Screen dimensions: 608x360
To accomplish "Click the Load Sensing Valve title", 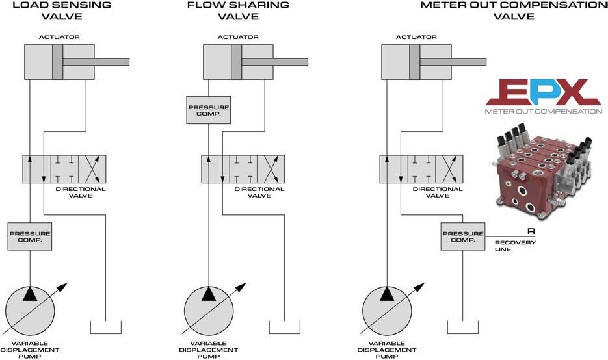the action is point(62,11).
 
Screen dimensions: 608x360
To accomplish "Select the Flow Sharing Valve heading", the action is point(238,11).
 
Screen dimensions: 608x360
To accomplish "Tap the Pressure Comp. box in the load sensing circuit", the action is point(30,237).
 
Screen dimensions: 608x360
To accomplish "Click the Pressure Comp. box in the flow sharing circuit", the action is point(209,110).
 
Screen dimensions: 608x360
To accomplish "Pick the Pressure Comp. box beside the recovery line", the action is point(463,237).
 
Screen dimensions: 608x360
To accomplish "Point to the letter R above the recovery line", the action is point(531,231).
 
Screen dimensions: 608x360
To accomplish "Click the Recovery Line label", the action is point(515,246).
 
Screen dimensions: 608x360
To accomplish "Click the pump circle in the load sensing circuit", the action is point(30,311).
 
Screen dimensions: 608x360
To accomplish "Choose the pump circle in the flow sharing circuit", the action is point(209,311).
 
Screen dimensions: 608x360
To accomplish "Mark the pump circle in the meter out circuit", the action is point(387,311).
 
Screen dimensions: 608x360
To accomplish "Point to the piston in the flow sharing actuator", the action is point(237,62).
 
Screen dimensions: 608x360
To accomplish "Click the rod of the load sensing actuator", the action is point(96,62).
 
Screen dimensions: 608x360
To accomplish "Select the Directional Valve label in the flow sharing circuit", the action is point(259,192).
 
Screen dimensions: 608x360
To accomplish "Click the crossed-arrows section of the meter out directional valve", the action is point(449,169).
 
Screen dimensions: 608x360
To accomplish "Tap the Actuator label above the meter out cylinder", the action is point(416,37).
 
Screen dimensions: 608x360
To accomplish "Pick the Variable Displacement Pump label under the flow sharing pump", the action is point(209,350).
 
